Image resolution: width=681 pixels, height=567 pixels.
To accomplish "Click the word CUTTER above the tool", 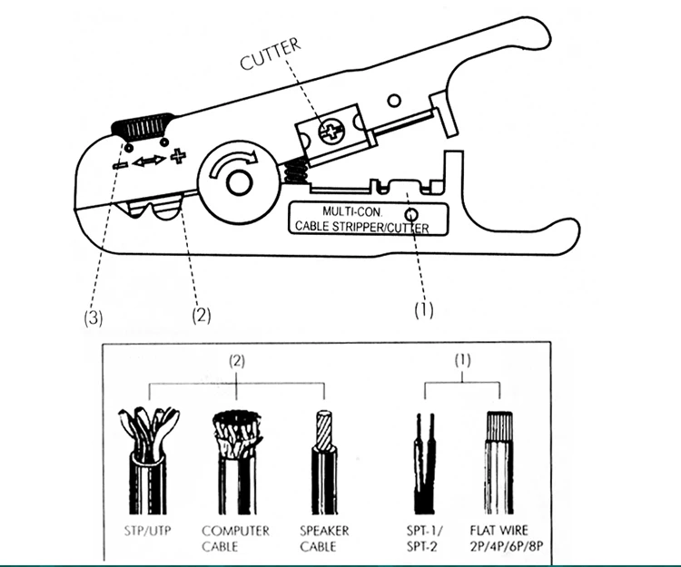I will pos(270,62).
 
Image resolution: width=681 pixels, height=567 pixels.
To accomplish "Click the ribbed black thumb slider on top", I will pos(143,126).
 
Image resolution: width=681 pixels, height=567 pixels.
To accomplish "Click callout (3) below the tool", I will pos(94,318).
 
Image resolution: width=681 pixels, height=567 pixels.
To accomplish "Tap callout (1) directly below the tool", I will pos(424,309).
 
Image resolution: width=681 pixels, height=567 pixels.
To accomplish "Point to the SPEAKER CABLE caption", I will pos(323,538).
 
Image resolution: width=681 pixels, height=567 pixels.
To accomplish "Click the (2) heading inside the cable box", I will pos(238,360).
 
